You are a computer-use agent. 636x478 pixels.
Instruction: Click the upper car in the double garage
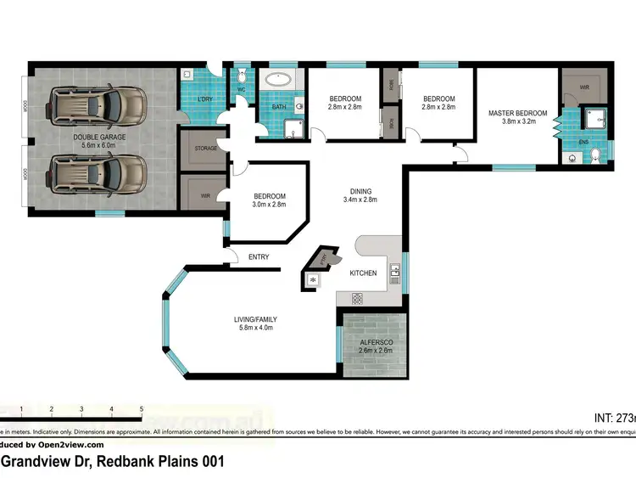(x=97, y=108)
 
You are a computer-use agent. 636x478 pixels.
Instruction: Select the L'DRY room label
(x=204, y=99)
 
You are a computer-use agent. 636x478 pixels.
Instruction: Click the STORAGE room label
(x=206, y=149)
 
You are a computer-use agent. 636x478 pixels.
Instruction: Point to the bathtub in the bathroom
(x=278, y=82)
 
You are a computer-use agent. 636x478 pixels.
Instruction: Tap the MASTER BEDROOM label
(x=517, y=112)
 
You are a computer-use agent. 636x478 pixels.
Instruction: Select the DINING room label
(x=361, y=191)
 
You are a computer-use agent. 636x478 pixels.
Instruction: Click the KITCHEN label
(x=364, y=273)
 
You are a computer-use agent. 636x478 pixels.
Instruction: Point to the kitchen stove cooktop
(x=357, y=297)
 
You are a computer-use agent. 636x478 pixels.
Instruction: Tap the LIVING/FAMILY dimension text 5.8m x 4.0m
(x=254, y=328)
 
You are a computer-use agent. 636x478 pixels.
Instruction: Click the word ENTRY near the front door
(x=259, y=257)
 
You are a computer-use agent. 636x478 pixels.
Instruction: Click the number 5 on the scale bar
(x=142, y=409)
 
